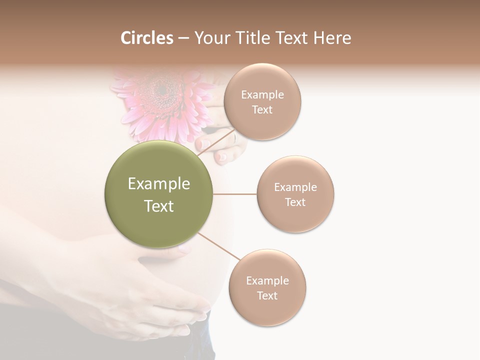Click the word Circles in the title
146,38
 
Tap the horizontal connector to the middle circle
235,194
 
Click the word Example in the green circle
158,184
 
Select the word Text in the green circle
158,206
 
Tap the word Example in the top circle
262,95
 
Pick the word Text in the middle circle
295,202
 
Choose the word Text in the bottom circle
267,295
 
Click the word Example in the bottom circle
267,280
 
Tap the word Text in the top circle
262,109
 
